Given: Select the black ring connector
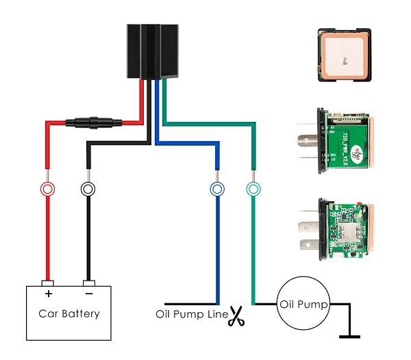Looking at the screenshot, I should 88,188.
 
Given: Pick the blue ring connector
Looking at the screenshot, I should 217,188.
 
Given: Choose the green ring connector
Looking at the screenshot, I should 253,188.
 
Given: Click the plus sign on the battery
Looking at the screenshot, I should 47,294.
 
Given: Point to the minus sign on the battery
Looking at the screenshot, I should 88,294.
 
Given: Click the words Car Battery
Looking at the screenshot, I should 68,314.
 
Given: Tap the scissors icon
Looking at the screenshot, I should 237,317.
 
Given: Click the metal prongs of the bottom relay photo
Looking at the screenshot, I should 307,233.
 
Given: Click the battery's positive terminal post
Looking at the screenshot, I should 47,282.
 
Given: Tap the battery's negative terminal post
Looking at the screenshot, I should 88,282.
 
